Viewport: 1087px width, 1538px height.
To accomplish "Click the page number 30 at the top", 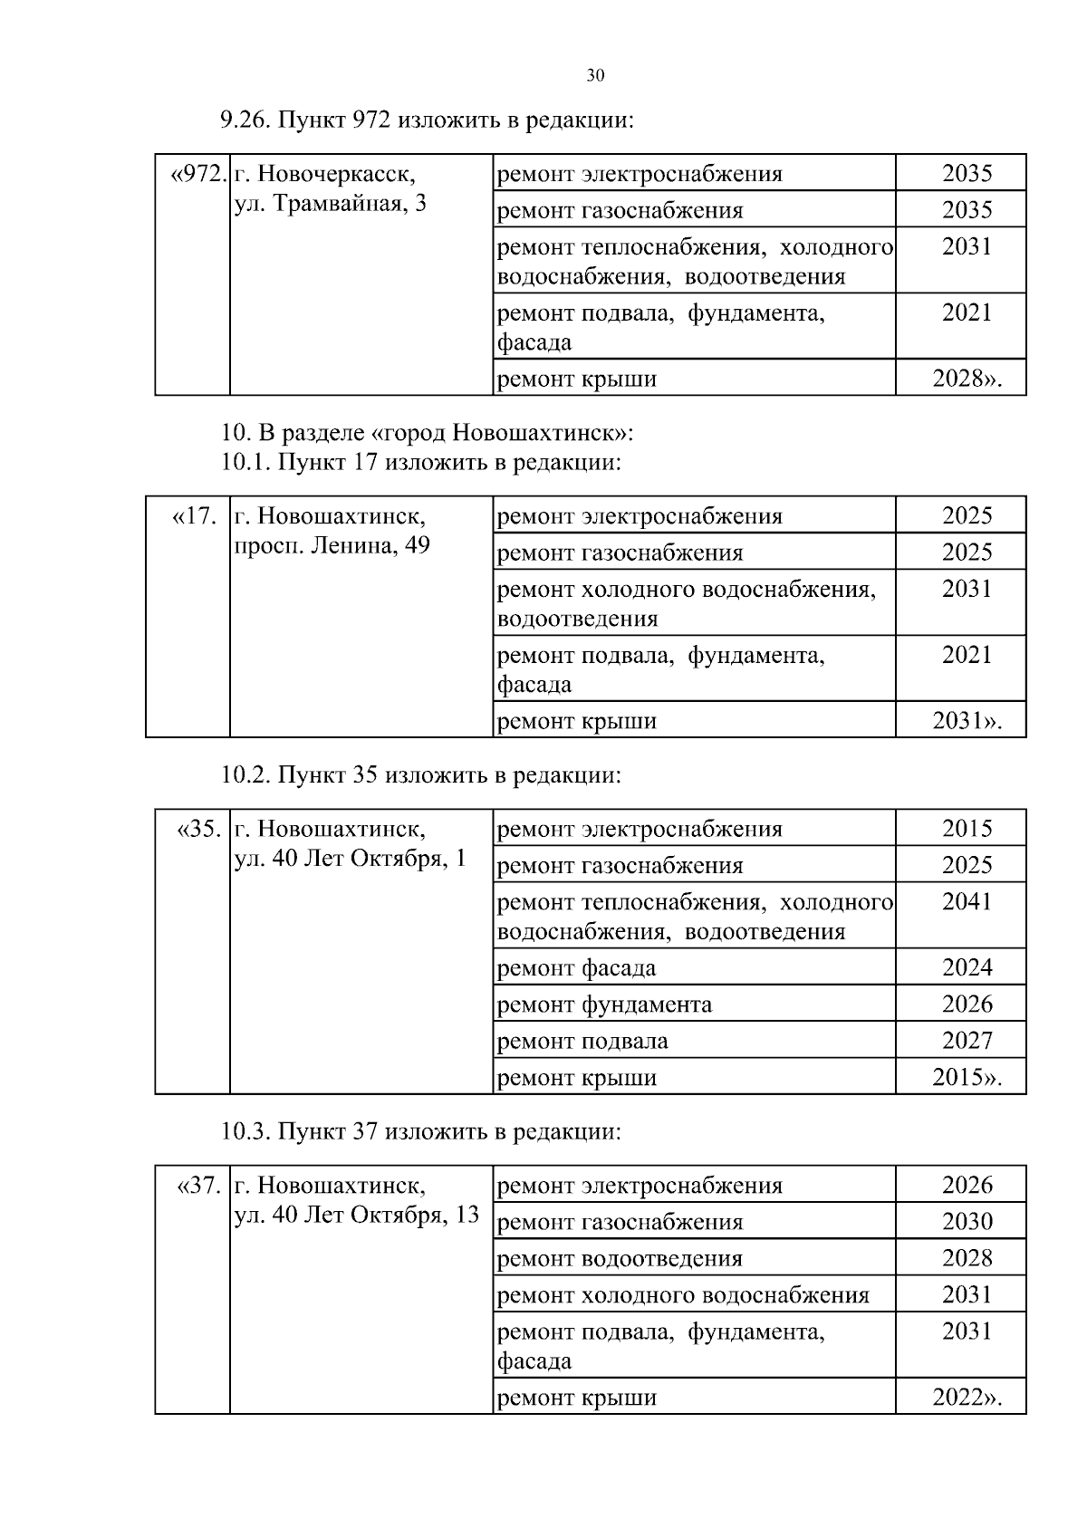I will (595, 75).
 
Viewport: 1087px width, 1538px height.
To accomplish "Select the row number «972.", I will (197, 173).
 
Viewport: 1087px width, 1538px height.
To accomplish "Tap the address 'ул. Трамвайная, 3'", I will (331, 204).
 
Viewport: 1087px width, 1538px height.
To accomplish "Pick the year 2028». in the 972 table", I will (967, 379).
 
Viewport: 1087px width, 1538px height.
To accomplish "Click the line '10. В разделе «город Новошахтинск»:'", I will (427, 433).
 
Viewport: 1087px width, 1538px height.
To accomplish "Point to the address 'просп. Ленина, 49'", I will (332, 546).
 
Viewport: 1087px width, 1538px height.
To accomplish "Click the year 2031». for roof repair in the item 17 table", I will (967, 721).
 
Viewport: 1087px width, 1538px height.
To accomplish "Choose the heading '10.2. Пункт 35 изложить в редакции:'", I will (421, 775).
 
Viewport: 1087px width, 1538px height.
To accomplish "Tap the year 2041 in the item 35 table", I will (967, 901).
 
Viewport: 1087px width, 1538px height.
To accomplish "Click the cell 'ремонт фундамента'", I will (604, 1005).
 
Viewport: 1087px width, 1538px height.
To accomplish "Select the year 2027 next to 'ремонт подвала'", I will (967, 1041).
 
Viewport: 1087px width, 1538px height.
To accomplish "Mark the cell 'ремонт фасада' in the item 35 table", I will (577, 968).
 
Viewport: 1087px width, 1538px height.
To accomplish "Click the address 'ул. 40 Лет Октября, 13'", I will (356, 1216).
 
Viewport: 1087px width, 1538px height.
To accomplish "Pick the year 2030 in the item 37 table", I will (967, 1222).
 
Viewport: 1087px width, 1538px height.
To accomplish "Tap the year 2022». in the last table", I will (967, 1398).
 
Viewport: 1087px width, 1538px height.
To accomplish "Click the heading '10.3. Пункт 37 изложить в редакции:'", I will (421, 1132).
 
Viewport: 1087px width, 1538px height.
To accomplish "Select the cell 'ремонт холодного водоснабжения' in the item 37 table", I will (683, 1295).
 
